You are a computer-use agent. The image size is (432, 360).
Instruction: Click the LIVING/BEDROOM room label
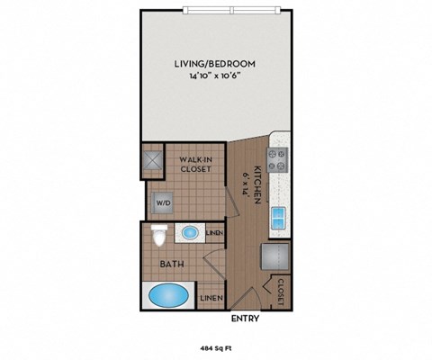point(215,64)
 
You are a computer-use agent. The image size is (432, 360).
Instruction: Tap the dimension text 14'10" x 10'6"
point(215,77)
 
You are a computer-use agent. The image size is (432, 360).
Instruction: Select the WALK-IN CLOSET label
point(195,164)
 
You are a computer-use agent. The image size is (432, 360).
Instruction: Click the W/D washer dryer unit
point(163,202)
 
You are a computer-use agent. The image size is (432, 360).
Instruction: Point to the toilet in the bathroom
point(160,237)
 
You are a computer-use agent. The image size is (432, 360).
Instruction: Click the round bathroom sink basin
point(190,233)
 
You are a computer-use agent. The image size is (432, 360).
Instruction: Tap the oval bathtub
point(168,294)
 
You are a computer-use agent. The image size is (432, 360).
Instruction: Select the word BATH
point(173,265)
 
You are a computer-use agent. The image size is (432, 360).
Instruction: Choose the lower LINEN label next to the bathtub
point(211,297)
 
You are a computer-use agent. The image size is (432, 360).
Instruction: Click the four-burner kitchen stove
point(279,160)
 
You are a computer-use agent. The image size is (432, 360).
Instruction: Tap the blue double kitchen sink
point(279,216)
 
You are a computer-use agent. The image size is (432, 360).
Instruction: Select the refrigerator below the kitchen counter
point(274,257)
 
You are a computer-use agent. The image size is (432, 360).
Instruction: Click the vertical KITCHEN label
point(256,184)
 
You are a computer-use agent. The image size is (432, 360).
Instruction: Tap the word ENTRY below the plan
point(246,318)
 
